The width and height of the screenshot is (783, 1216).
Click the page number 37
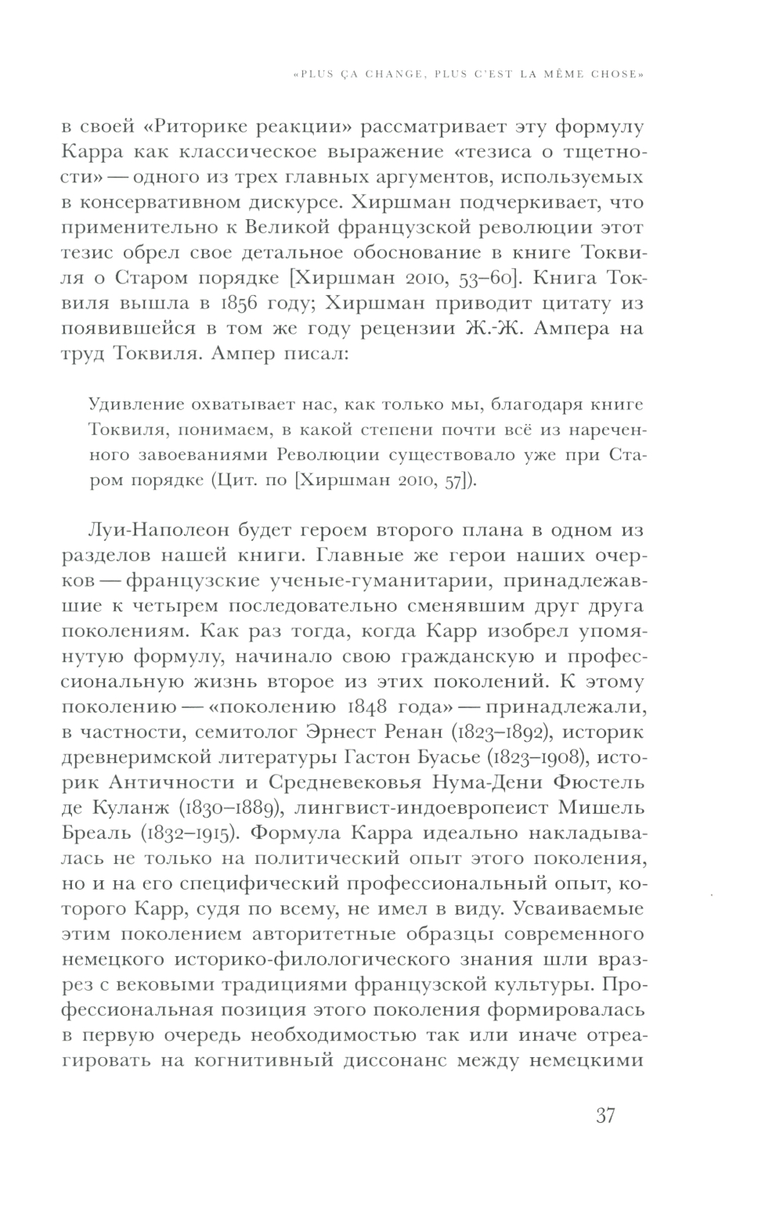coord(605,1114)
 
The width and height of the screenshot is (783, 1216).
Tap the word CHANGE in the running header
coord(394,76)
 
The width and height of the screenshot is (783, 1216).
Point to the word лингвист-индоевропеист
coord(433,808)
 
